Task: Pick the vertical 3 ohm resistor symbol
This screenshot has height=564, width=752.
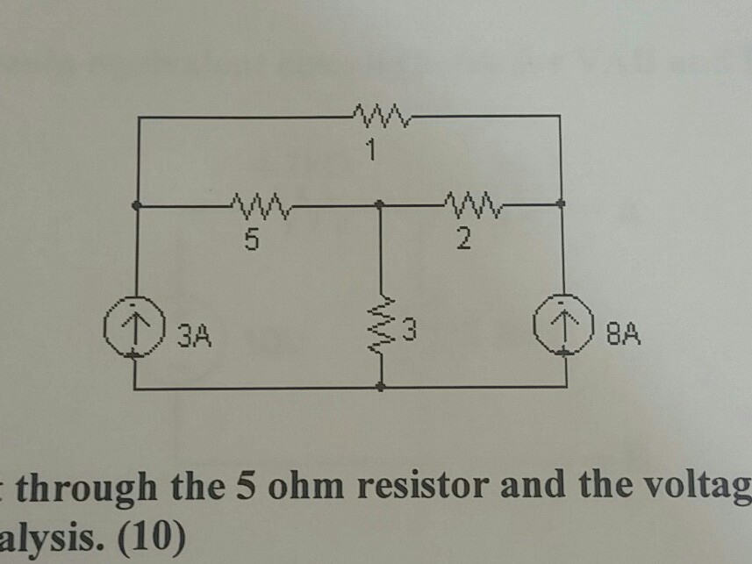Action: coord(381,333)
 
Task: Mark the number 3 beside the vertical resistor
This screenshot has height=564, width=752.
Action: coord(410,333)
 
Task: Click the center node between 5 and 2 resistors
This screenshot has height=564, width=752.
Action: coord(379,205)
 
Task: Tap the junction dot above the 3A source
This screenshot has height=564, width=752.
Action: coord(136,205)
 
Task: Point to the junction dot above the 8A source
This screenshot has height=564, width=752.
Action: coord(562,203)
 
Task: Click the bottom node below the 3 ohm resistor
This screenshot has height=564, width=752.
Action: coord(380,386)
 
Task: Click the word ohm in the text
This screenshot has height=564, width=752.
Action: coord(290,487)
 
